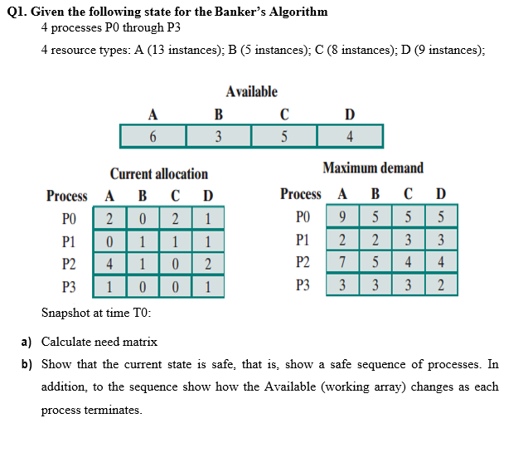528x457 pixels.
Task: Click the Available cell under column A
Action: point(153,136)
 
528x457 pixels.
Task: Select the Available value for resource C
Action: point(283,136)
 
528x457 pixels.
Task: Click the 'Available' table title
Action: point(251,91)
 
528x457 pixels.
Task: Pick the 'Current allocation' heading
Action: point(159,173)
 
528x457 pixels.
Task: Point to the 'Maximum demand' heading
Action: point(373,168)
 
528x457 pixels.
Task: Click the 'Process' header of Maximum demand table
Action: point(301,194)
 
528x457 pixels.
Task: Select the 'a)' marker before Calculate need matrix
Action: point(27,342)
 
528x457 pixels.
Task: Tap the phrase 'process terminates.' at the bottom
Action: point(91,410)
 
